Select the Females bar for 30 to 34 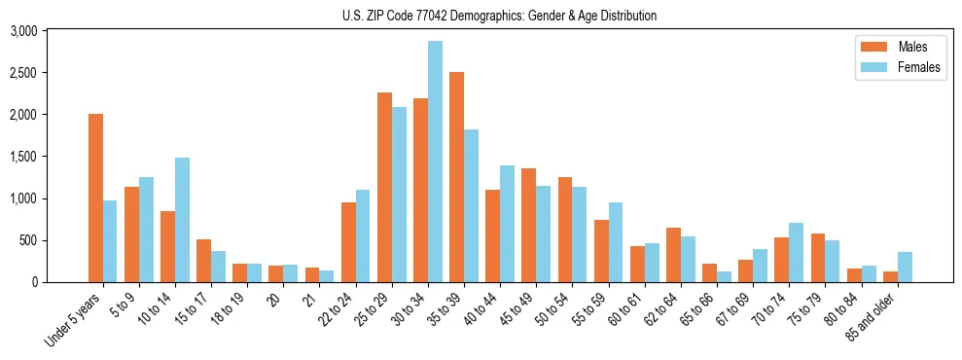(x=435, y=162)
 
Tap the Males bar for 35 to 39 (x=456, y=177)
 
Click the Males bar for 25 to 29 (x=384, y=187)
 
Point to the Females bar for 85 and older (x=905, y=268)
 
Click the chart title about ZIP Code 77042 (x=499, y=16)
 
